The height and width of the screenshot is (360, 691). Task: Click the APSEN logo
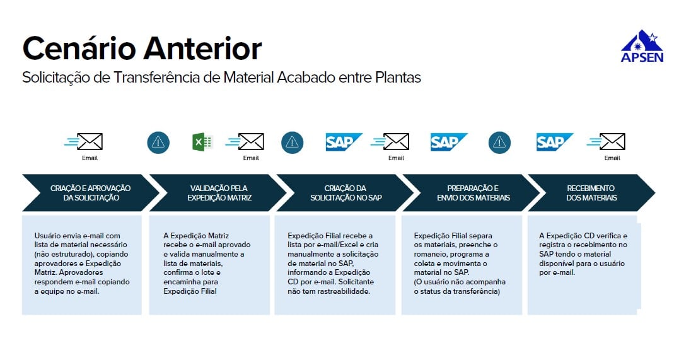coord(642,47)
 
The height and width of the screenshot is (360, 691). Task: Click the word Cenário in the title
coord(79,48)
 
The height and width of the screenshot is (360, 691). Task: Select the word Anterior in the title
coord(203,48)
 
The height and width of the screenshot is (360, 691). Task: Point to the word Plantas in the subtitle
coord(398,78)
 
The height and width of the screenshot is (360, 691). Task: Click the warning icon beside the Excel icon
coord(158,142)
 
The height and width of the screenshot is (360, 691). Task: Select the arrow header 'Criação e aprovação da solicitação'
coord(91,193)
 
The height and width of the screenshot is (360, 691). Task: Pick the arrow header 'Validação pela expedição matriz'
coord(219,193)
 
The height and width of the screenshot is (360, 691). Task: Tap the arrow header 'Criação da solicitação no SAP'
coord(346,193)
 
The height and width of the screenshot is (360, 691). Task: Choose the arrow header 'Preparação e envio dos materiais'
coord(473,193)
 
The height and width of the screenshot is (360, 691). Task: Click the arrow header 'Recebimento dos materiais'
coord(591,193)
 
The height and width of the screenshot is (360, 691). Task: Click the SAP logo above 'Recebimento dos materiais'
coord(555,142)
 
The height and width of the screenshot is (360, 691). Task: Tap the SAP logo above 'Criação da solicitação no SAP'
coord(344,142)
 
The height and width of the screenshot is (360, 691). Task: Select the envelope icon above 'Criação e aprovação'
coord(84,141)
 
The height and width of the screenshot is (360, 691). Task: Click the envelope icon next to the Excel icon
coord(245,141)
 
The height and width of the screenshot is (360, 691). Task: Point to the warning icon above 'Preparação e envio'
coord(499,142)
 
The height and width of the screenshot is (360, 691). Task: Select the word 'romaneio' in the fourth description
coord(428,254)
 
